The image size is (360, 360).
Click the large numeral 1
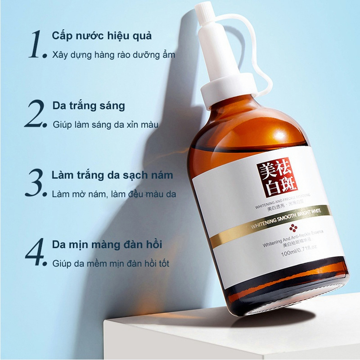[36, 45]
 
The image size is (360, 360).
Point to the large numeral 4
[36, 252]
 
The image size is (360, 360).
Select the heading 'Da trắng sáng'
[88, 106]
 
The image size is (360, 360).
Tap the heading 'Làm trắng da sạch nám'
[112, 175]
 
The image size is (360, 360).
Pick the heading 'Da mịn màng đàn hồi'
[107, 244]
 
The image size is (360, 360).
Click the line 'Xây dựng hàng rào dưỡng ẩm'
[113, 55]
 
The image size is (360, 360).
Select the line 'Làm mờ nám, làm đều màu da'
[114, 194]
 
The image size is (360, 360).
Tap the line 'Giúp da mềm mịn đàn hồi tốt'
[111, 263]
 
